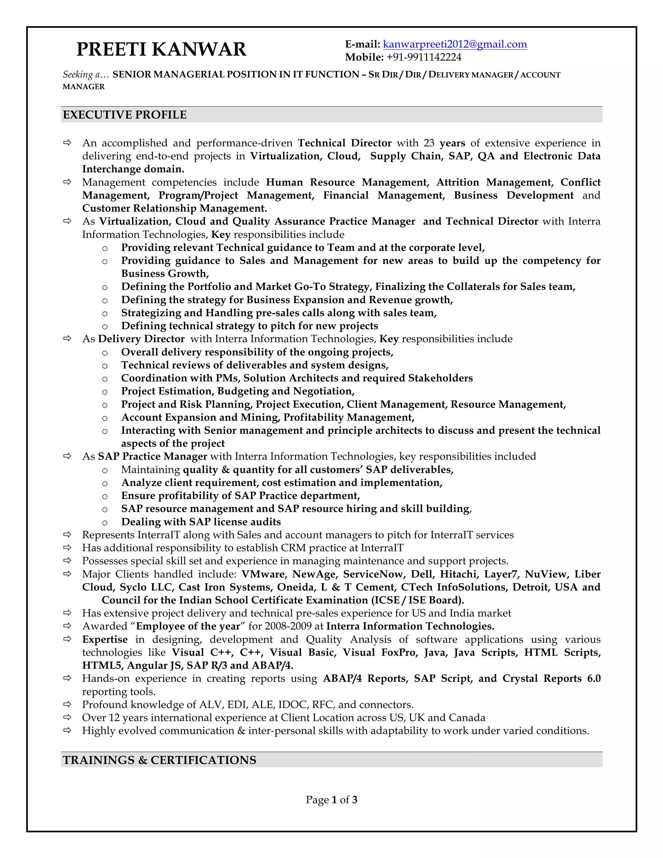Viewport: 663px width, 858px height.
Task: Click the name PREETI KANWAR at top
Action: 161,50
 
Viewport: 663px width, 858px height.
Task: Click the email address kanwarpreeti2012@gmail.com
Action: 455,44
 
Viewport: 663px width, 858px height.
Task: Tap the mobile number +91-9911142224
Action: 424,57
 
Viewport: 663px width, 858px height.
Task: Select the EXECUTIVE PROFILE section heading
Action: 125,115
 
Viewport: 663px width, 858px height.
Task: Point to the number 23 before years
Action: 429,143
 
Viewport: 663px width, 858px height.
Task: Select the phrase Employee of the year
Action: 188,626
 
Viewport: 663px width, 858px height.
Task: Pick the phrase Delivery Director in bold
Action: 141,339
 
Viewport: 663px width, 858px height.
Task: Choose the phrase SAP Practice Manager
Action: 152,456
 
